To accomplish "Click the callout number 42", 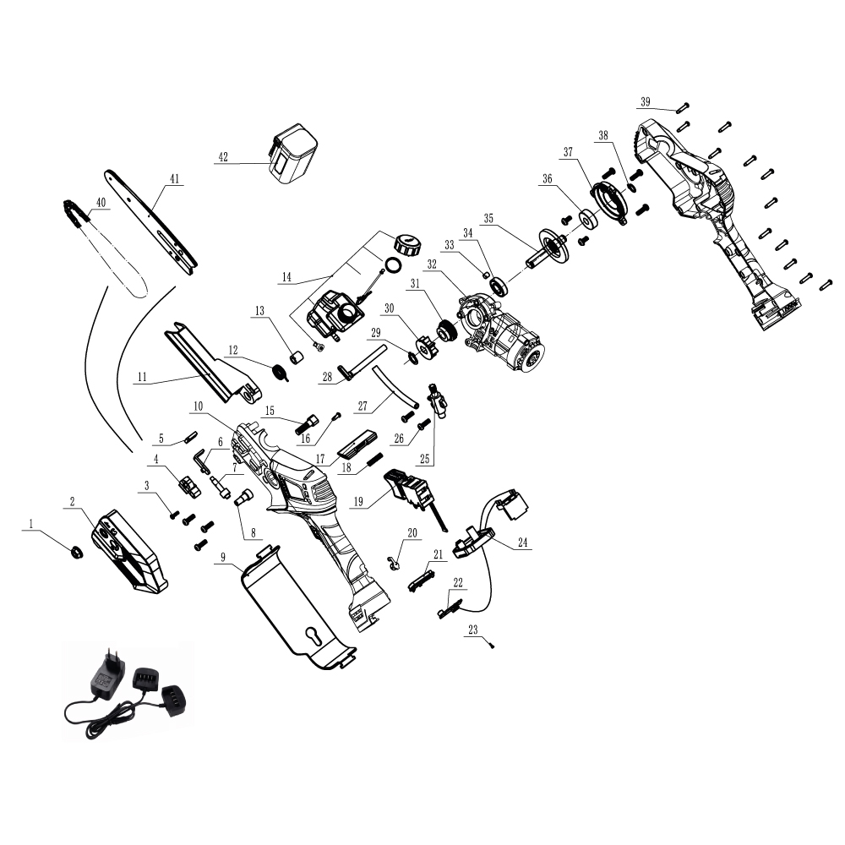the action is pos(223,157).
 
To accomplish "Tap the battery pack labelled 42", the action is pos(293,155).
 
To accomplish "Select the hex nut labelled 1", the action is pos(77,551).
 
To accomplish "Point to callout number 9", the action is pos(223,557).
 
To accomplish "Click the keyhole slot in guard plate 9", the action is pos(313,637).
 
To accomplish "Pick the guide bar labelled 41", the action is pos(150,221).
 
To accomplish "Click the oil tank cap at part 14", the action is pos(406,245).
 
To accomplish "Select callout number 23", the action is pos(472,630).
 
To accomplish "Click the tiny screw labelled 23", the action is pos(492,644).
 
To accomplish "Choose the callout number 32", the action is pos(432,264).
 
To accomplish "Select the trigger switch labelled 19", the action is pos(413,493).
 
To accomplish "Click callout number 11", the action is pos(142,377).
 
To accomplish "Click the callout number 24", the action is pos(522,542).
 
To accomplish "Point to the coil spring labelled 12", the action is pos(281,371).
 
